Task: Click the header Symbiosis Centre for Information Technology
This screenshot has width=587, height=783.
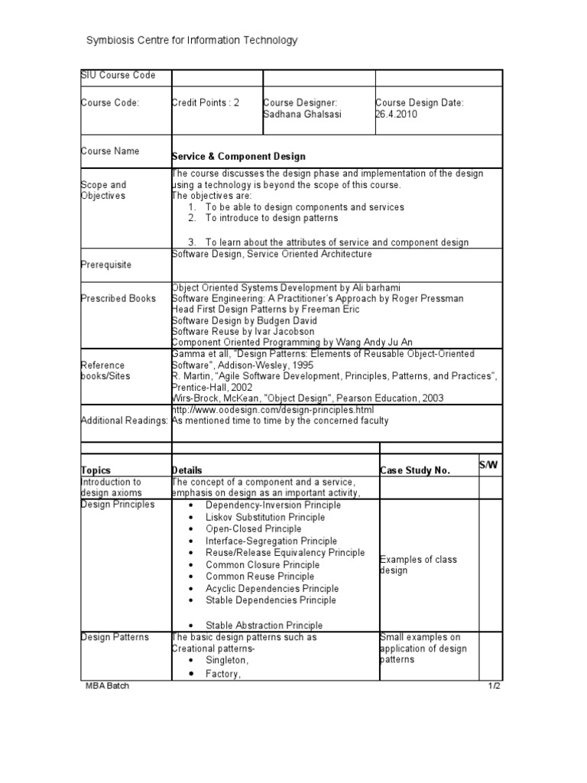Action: (191, 41)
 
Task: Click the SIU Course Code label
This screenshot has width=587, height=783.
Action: (118, 75)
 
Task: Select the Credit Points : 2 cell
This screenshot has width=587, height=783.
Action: (206, 102)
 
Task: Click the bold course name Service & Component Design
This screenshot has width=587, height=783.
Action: (238, 157)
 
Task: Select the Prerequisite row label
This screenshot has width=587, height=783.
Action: (106, 265)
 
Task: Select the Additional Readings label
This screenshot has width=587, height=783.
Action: (125, 421)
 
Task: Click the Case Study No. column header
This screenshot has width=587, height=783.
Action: (415, 470)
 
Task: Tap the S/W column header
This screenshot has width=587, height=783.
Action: (488, 465)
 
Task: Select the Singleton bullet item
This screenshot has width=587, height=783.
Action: (227, 660)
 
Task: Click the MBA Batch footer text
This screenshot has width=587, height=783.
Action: (108, 686)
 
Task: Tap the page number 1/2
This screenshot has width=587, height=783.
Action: (494, 686)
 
